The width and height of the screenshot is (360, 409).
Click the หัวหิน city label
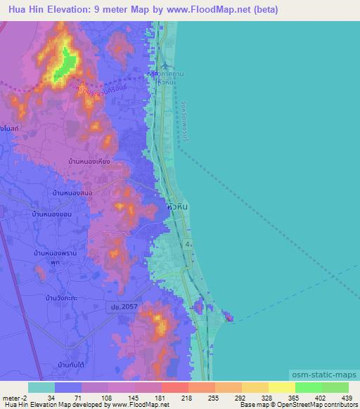click(177, 208)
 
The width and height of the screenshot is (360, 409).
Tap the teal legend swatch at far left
click(41, 387)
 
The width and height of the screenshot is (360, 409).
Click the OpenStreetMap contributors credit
click(319, 405)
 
